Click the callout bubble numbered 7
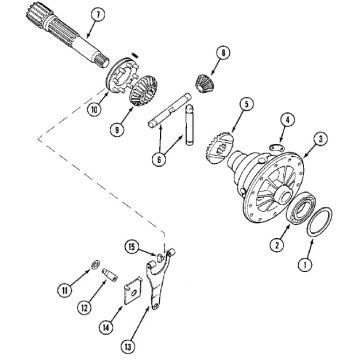99,15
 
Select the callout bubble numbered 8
223,53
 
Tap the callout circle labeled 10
95,110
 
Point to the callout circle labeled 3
320,139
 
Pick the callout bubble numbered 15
132,247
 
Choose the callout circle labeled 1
305,265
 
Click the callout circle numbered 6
159,159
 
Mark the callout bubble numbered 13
128,347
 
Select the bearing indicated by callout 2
300,210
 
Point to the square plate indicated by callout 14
134,290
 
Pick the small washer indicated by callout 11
95,265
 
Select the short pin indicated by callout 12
109,275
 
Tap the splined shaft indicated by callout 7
67,35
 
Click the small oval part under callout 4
277,147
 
